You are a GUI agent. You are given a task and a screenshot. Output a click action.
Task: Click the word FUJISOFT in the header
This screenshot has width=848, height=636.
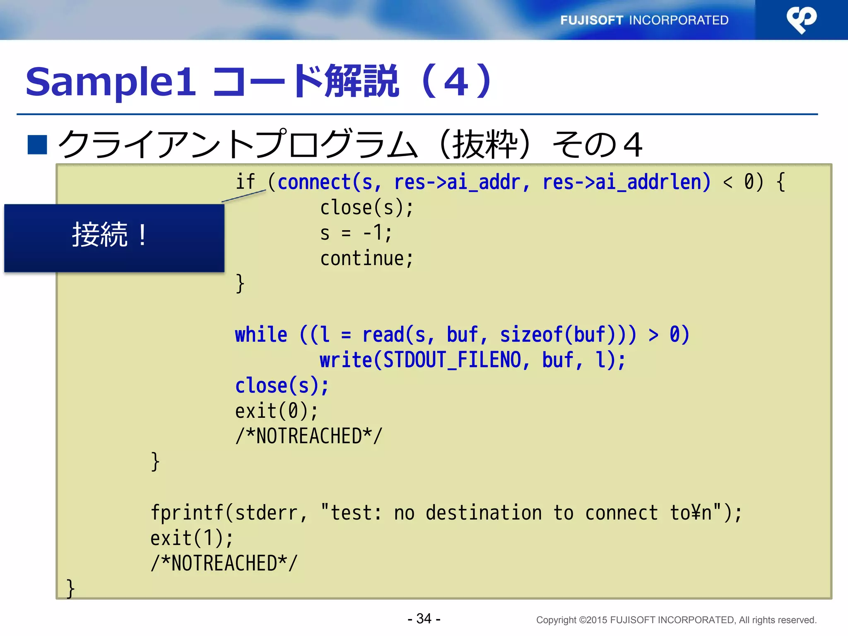click(x=591, y=20)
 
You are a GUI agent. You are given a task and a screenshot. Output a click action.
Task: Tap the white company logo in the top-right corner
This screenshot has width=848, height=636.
click(x=801, y=20)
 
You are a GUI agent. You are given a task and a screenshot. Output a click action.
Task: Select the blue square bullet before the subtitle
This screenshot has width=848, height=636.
click(x=37, y=145)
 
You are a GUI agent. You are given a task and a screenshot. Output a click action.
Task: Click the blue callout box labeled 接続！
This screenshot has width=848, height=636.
click(x=114, y=237)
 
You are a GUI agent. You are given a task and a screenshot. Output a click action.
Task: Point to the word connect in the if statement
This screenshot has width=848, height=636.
click(x=314, y=182)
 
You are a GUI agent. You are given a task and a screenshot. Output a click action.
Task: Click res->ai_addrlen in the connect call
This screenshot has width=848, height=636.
click(x=626, y=182)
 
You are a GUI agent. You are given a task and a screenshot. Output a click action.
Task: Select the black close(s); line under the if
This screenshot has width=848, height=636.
click(x=366, y=207)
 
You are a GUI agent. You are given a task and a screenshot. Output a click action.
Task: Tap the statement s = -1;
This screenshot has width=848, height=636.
click(x=356, y=233)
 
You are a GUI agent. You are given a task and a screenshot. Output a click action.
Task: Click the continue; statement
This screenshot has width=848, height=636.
click(x=366, y=259)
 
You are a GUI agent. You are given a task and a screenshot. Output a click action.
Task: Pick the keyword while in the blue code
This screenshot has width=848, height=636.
click(x=261, y=335)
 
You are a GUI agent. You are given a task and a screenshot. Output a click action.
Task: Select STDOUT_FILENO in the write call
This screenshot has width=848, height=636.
click(x=451, y=360)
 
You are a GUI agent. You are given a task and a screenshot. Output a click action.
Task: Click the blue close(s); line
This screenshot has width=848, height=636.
click(x=282, y=386)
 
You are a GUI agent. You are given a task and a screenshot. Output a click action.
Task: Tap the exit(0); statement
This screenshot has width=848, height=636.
click(x=277, y=411)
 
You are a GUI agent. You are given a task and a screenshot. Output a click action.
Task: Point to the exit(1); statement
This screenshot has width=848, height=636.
click(x=192, y=538)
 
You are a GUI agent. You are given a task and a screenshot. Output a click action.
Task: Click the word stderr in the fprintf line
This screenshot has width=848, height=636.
click(x=266, y=513)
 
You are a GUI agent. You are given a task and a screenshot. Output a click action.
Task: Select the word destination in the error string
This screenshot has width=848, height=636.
click(x=484, y=513)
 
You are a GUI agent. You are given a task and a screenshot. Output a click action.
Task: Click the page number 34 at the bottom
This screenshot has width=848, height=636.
click(x=424, y=619)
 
